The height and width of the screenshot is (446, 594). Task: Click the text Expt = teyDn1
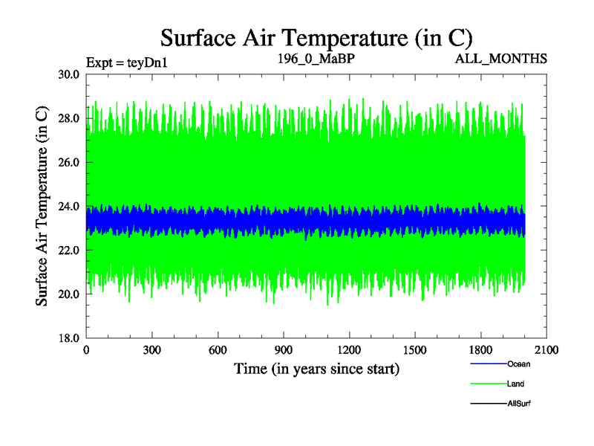point(127,62)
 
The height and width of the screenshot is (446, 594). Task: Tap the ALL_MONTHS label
point(501,58)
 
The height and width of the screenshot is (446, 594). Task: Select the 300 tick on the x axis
point(152,350)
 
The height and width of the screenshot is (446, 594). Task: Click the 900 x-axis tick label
point(284,350)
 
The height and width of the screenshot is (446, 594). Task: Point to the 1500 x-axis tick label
point(415,350)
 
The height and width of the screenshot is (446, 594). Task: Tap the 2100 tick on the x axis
point(546,350)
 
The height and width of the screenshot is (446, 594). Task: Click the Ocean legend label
point(518,364)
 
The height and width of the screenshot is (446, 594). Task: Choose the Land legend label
point(516,384)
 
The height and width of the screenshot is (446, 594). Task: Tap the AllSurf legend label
point(519,404)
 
